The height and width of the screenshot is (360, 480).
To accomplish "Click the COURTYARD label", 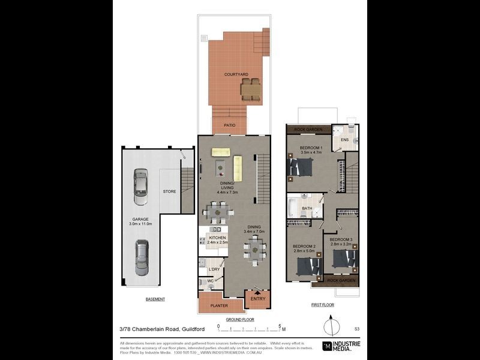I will [236, 74].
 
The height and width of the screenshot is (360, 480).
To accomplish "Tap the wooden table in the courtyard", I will [251, 89].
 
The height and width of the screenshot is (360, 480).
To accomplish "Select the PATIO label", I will [229, 125].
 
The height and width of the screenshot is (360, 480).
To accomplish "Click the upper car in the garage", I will [140, 183].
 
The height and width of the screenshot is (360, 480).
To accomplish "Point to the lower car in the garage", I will [141, 257].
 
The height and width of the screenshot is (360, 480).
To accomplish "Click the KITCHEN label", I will [217, 238].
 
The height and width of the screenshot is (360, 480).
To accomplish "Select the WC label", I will [210, 280].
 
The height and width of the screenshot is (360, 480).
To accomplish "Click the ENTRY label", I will [257, 299].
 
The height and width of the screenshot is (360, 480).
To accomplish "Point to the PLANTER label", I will [219, 305].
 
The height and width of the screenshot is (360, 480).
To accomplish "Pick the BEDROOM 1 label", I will [311, 148].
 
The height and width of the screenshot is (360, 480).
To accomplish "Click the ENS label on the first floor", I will [344, 140].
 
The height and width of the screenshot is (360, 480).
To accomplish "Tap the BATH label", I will [307, 209].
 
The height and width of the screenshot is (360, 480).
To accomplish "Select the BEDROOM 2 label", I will [304, 247].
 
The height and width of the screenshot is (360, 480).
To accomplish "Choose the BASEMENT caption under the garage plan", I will [155, 299].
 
